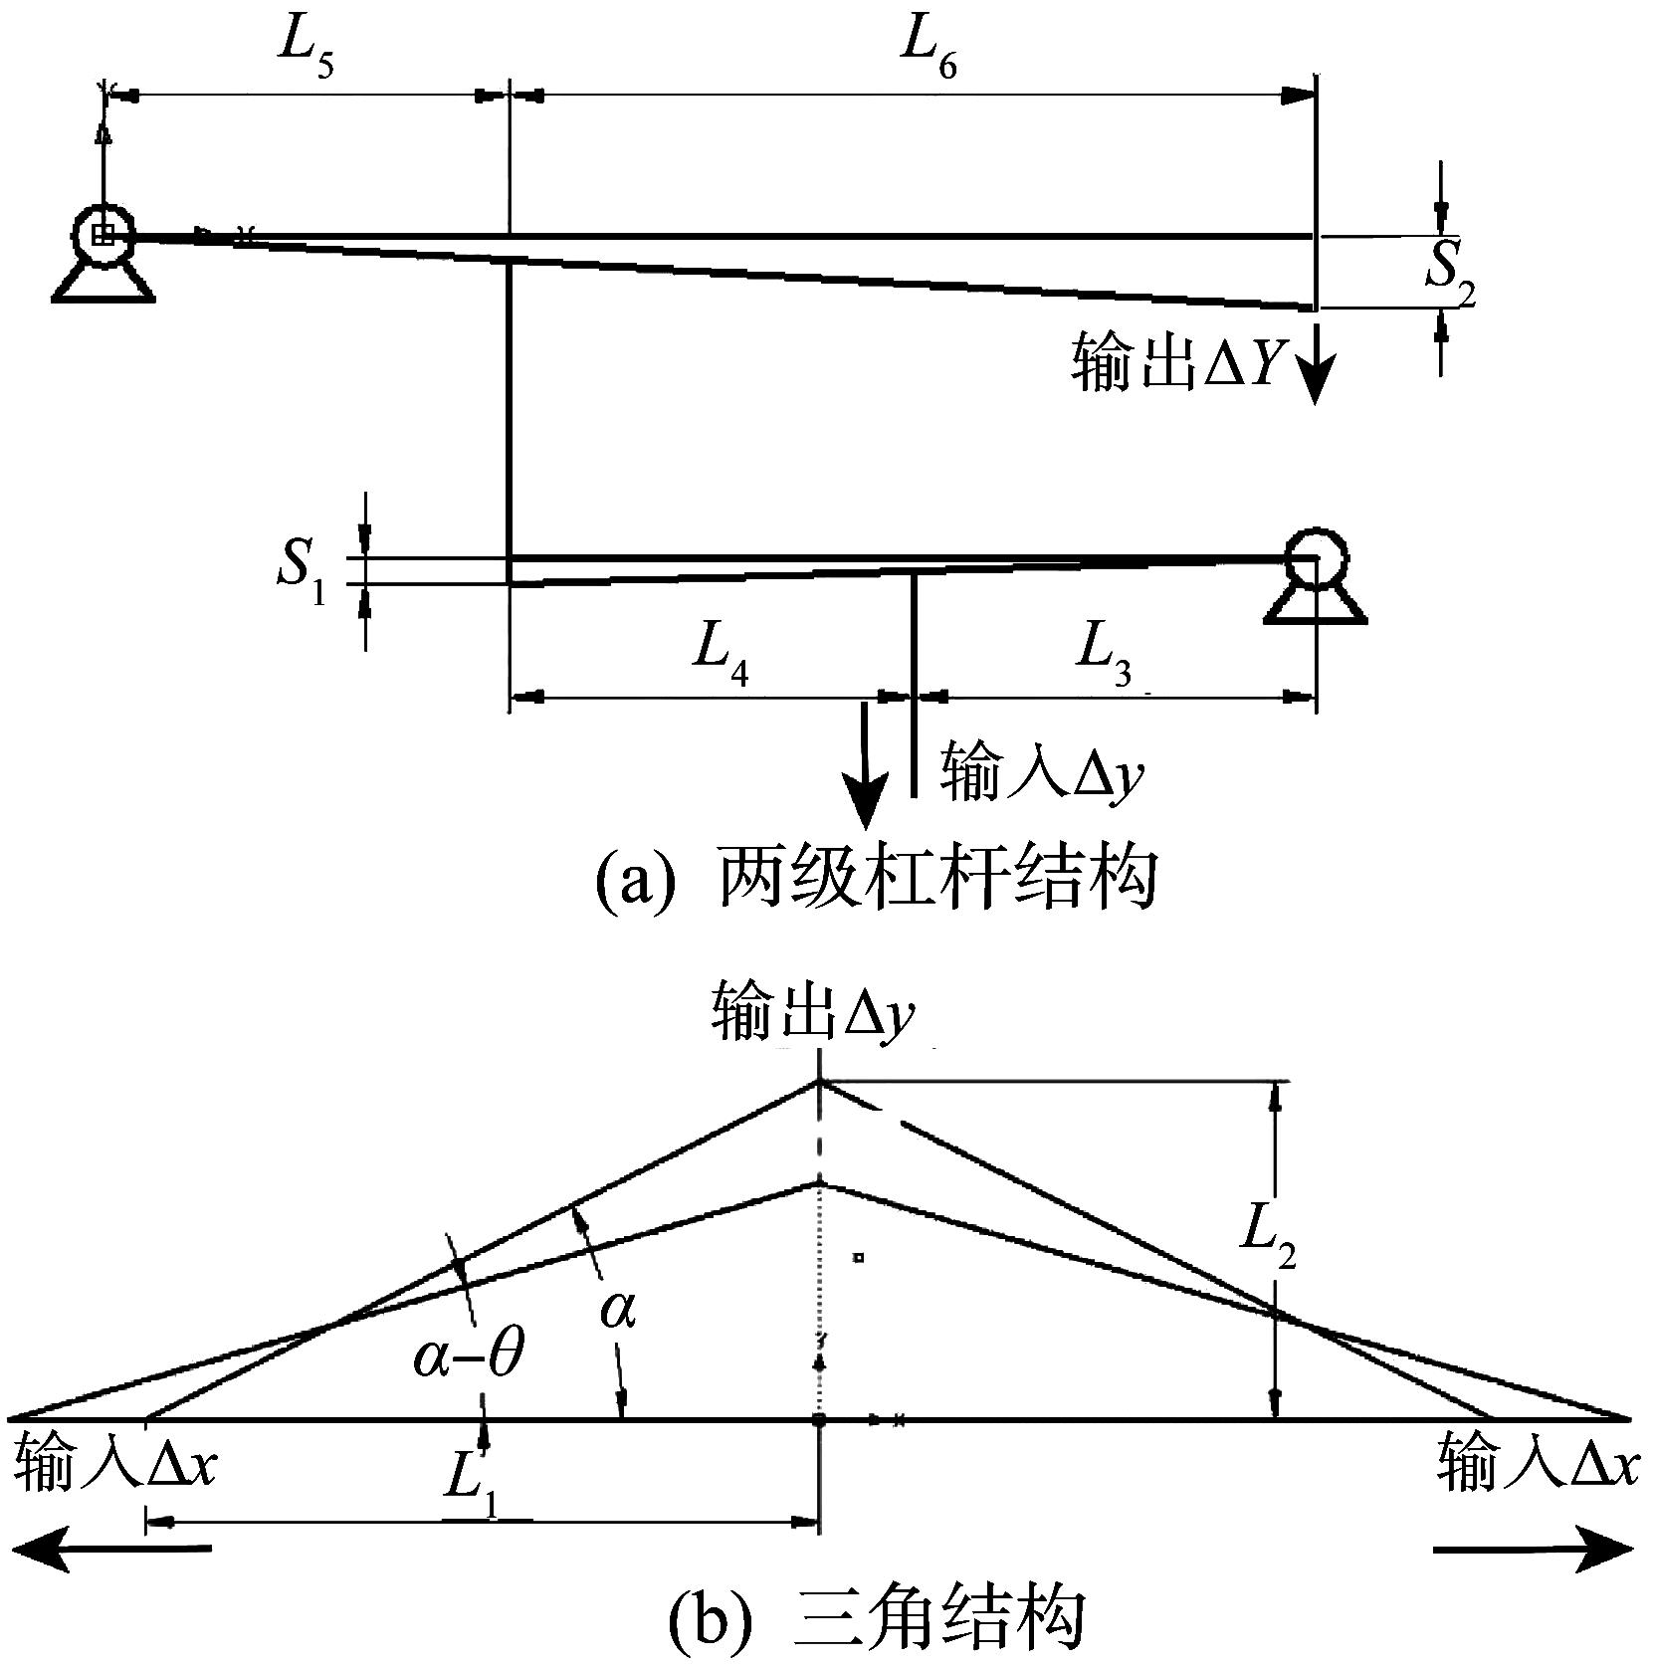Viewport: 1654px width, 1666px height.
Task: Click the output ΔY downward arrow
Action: (1315, 364)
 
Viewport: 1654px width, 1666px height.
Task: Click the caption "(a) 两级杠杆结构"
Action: (877, 879)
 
